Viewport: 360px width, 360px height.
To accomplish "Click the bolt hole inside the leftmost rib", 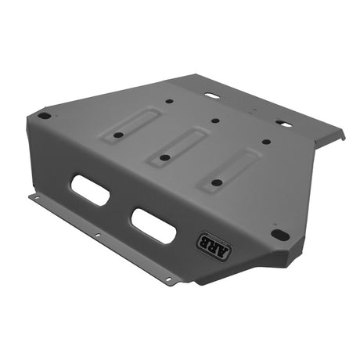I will [117, 135].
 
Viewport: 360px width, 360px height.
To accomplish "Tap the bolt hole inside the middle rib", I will [165, 157].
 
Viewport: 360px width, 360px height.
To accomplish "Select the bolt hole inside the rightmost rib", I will [216, 182].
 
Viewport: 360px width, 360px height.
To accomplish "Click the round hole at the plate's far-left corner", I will [45, 116].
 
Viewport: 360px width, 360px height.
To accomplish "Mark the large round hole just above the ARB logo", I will [278, 234].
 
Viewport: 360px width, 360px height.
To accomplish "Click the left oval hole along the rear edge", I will [211, 96].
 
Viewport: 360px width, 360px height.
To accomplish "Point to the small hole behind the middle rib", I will [214, 121].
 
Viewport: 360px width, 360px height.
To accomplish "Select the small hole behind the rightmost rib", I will [266, 142].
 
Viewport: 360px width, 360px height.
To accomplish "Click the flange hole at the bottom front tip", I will [167, 279].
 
